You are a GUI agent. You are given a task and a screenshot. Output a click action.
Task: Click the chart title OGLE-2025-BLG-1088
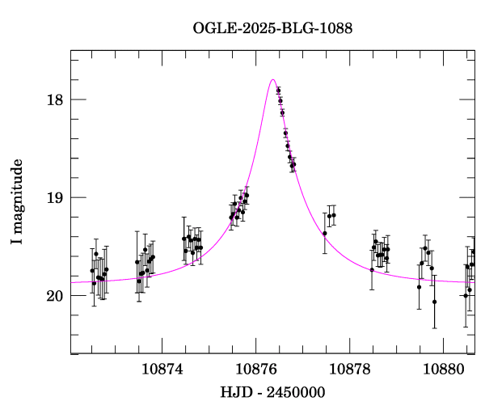click(272, 28)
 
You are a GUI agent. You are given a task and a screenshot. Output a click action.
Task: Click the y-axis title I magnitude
click(16, 202)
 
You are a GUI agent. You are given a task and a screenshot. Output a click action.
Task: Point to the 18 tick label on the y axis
click(53, 100)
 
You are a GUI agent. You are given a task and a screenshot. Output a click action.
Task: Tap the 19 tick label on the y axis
click(53, 198)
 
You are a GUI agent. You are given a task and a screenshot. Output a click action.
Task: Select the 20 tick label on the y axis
click(53, 296)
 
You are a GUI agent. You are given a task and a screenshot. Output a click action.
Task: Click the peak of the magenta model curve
click(273, 80)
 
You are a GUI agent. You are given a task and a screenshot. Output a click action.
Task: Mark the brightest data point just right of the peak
click(278, 91)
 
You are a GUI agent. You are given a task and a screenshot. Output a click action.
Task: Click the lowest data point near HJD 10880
click(434, 302)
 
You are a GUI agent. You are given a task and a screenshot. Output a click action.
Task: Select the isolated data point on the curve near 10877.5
click(324, 233)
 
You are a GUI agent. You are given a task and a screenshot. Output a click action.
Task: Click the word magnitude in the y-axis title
click(16, 192)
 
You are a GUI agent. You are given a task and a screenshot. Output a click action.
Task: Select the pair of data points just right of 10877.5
click(331, 215)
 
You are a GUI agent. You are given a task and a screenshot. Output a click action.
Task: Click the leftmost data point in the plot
click(92, 271)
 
